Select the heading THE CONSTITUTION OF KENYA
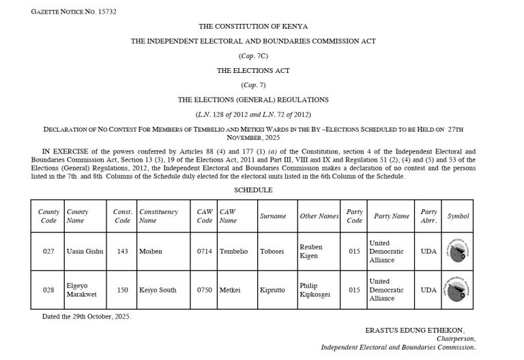[x=253, y=26]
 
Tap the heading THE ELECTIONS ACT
[x=253, y=70]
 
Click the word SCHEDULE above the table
[x=253, y=190]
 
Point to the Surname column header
[x=273, y=216]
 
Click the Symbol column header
[x=458, y=216]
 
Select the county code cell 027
[x=48, y=251]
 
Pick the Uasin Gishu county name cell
[x=85, y=251]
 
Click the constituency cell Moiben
[x=151, y=251]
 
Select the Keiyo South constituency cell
[x=158, y=290]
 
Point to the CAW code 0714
[x=205, y=251]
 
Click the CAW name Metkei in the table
[x=230, y=290]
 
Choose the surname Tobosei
[x=273, y=251]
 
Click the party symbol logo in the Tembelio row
[x=457, y=250]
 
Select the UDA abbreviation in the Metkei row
[x=428, y=290]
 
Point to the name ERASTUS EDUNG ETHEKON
[x=420, y=330]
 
